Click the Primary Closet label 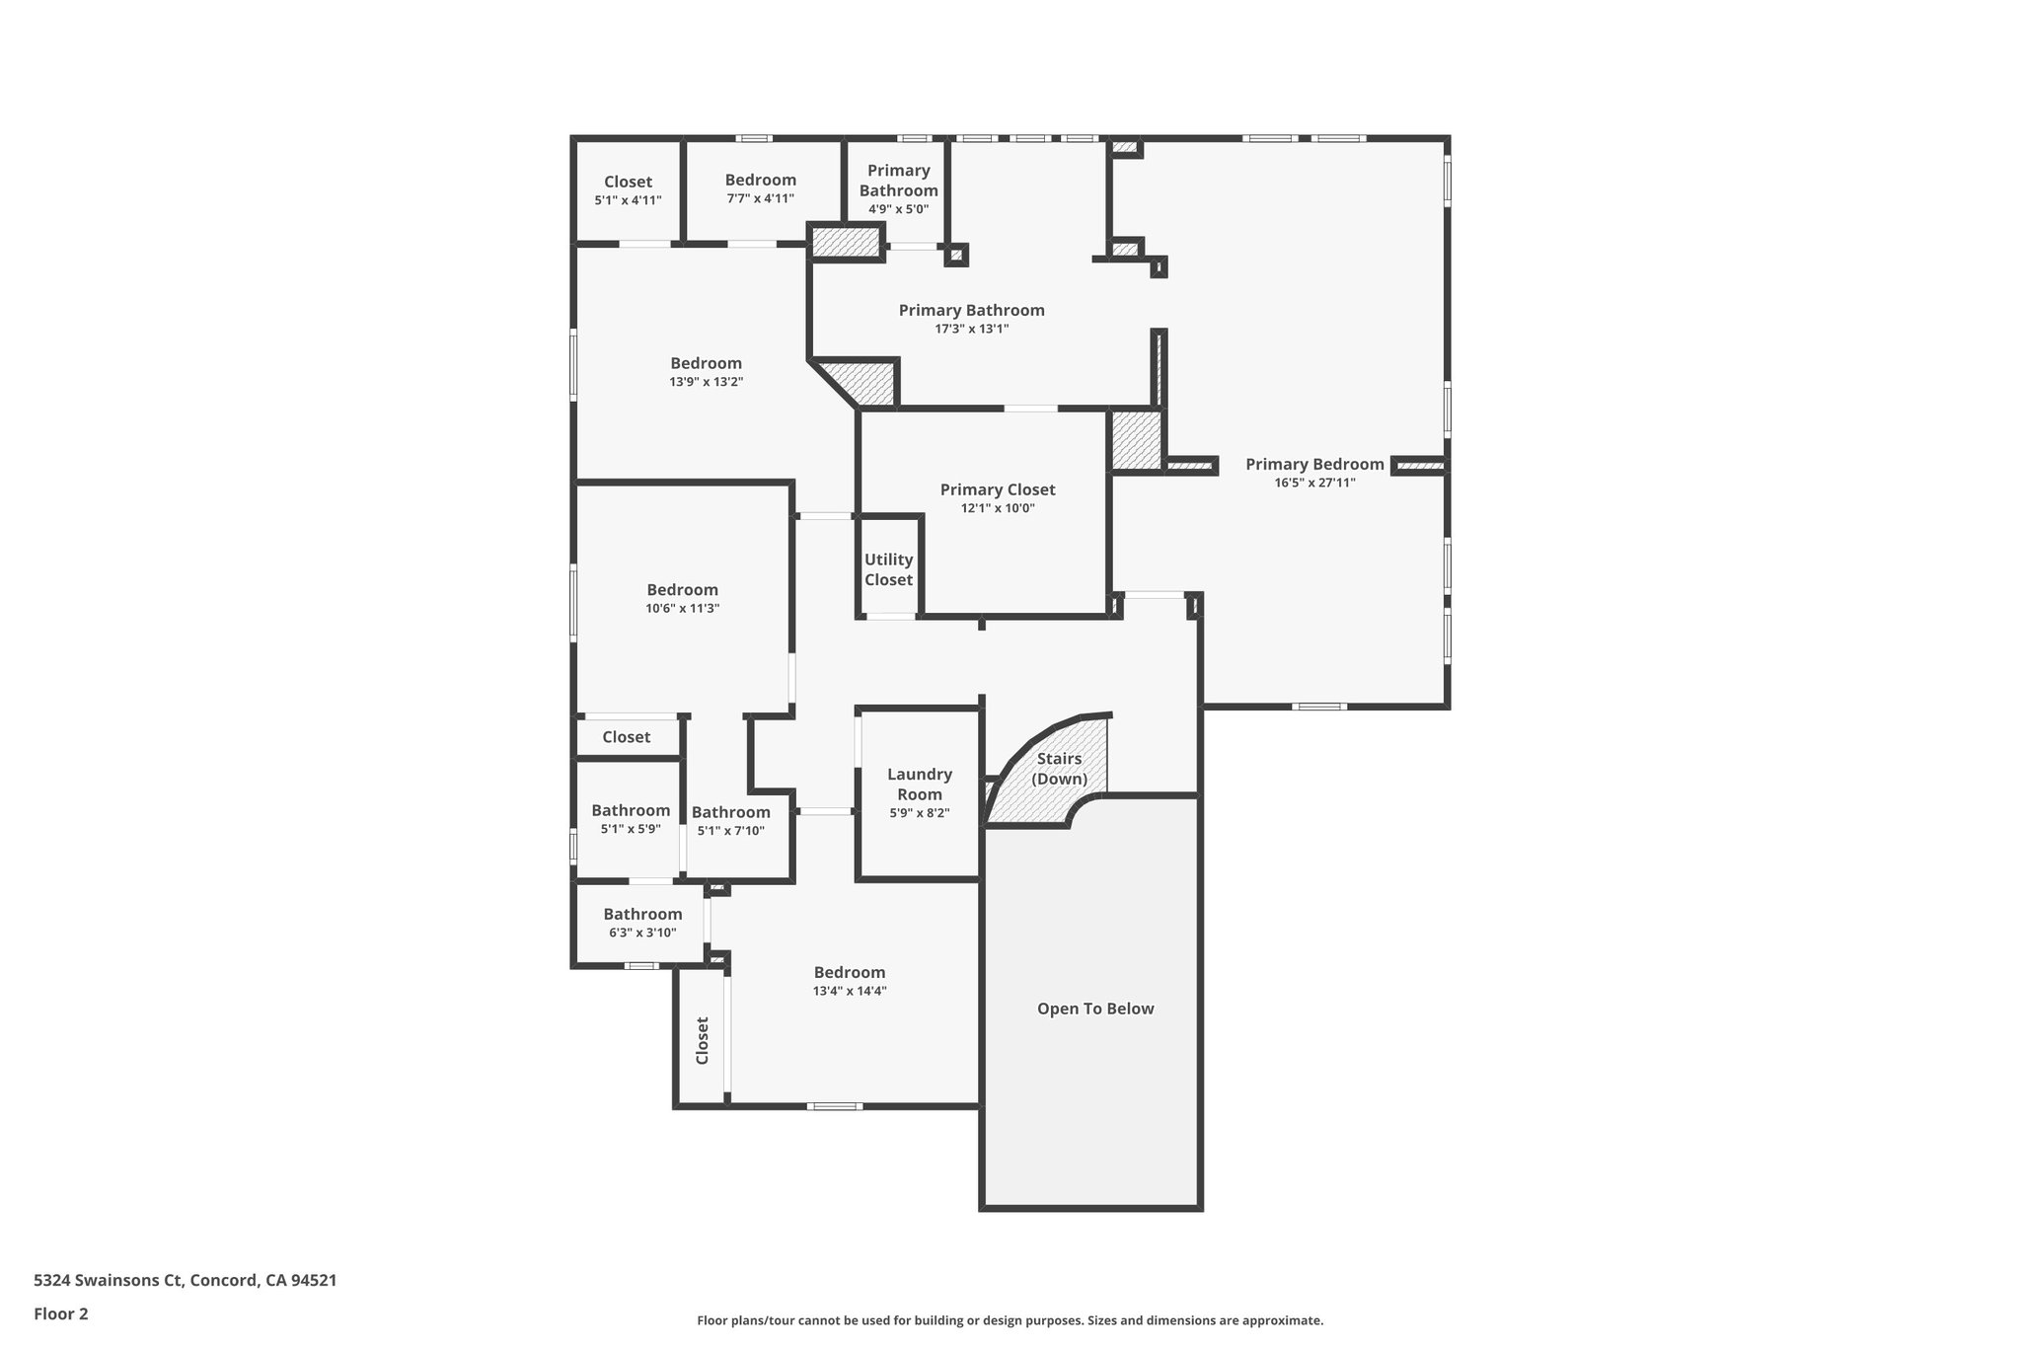[997, 489]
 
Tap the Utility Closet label [888, 569]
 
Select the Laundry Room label [919, 785]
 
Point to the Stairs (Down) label [1059, 769]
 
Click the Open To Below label [1094, 1009]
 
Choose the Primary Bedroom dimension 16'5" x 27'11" [1314, 483]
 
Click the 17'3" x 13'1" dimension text [971, 329]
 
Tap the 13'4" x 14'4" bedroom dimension [850, 991]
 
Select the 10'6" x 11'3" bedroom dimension [682, 608]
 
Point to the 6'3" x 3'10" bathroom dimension [642, 932]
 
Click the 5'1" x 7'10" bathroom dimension [730, 830]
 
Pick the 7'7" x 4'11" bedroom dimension [760, 198]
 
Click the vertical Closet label [703, 1040]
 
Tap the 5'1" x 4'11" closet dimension [628, 200]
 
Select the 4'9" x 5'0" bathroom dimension [898, 209]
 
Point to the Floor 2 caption [61, 1313]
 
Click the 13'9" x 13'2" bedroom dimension [706, 381]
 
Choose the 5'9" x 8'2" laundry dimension [919, 813]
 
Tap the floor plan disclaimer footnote [1010, 1320]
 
